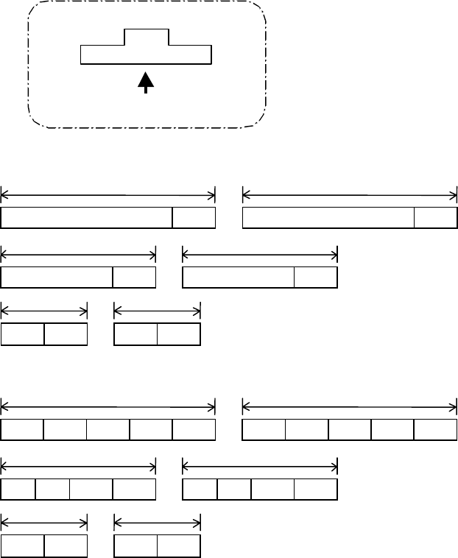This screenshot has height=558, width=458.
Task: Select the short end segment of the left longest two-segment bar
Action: [194, 218]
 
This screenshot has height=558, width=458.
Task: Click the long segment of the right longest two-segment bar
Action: [328, 218]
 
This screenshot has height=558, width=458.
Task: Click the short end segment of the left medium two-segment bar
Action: [135, 277]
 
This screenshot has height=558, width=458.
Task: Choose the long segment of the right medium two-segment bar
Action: [238, 277]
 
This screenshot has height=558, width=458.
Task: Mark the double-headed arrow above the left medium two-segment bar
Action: [79, 255]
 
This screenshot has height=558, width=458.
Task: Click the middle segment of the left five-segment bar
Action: [108, 429]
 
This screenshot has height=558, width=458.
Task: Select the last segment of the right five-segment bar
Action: [435, 429]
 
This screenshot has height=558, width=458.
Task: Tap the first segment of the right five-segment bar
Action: [264, 429]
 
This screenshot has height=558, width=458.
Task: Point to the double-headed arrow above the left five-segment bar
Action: [108, 406]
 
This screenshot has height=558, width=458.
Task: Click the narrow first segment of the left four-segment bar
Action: [18, 489]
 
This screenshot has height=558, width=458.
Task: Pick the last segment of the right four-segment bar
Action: [316, 489]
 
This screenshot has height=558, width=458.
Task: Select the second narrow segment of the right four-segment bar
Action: [234, 489]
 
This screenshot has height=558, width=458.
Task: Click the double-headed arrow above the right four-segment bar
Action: [260, 465]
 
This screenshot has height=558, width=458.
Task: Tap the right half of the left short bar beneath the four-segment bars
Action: [66, 545]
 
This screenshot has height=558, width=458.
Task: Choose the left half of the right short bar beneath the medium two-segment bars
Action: [136, 334]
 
